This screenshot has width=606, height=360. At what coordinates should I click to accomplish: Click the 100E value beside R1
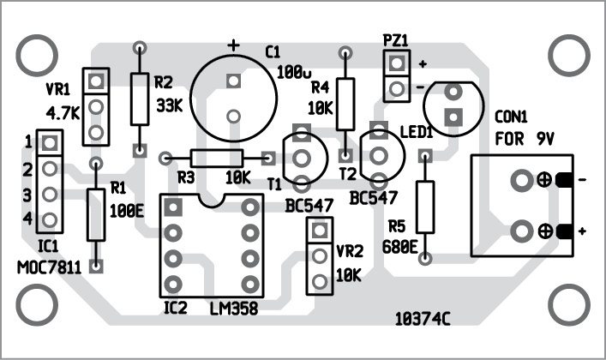(127, 208)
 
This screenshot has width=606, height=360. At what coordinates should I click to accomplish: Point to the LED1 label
(417, 132)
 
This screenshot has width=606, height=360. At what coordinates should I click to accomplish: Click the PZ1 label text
(396, 39)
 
